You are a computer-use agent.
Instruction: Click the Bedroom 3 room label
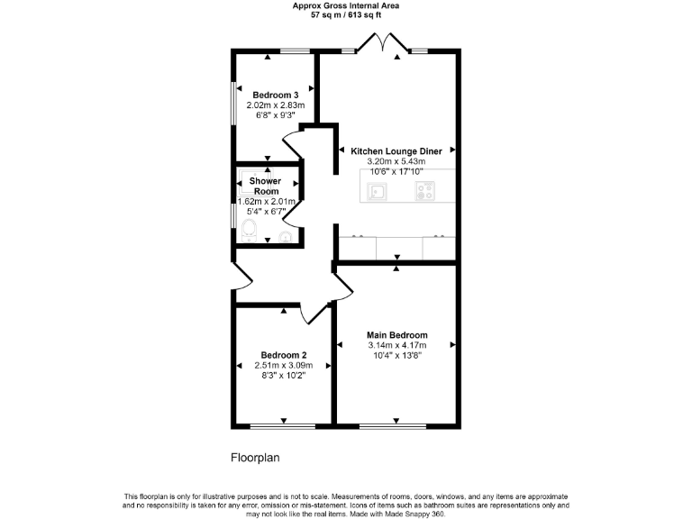[x=275, y=96]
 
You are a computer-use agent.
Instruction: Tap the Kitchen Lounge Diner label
[x=396, y=151]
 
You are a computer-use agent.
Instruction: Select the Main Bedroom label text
[x=396, y=335]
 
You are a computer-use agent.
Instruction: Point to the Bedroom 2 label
[x=284, y=355]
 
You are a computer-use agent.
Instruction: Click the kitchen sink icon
[x=376, y=191]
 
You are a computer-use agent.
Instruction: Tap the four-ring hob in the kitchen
[x=423, y=191]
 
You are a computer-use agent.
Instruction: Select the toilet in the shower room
[x=250, y=230]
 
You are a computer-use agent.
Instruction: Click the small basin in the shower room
[x=285, y=237]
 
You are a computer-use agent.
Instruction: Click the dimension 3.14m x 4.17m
[x=396, y=345]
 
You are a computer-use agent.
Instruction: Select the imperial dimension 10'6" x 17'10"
[x=396, y=171]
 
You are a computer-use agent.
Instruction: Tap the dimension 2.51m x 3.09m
[x=284, y=366]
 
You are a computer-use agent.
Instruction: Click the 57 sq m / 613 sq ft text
[x=346, y=15]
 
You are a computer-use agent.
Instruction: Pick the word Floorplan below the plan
[x=256, y=458]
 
